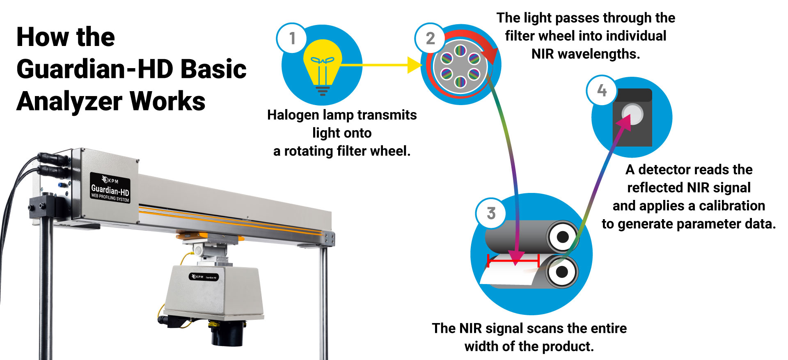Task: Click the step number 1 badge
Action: [x=292, y=38]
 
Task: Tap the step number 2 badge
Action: [x=430, y=38]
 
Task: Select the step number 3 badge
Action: [x=491, y=213]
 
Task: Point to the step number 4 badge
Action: [x=602, y=90]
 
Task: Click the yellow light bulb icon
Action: [x=323, y=66]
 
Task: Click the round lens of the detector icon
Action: [x=633, y=114]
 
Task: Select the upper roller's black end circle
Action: [x=562, y=237]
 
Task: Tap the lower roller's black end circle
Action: [x=561, y=271]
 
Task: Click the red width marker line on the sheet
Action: [x=513, y=260]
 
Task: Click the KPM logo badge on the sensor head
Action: [x=204, y=277]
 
